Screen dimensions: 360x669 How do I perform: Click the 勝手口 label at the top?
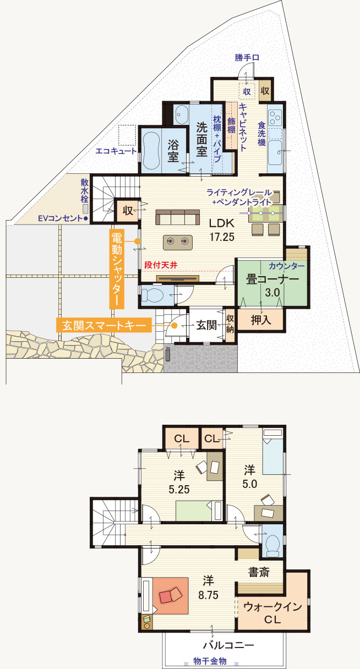[247, 57]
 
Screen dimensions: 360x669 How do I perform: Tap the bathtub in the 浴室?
[151, 151]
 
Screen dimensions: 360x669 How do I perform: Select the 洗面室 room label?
[201, 140]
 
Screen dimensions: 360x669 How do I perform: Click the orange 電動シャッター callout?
[117, 269]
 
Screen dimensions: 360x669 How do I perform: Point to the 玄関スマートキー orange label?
[104, 325]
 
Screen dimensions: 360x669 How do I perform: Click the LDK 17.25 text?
[222, 229]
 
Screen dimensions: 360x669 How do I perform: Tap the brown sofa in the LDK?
[177, 217]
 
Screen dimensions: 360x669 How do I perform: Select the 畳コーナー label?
[272, 279]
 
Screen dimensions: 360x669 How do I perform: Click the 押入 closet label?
[261, 320]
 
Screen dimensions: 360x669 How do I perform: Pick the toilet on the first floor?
[152, 295]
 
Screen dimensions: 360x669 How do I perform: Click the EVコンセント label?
[60, 218]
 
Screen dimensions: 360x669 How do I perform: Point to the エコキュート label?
[116, 151]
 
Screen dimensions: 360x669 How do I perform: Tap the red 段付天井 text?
[161, 265]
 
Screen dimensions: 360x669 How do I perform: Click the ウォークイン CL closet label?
[272, 613]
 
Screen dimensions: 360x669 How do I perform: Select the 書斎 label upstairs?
[259, 572]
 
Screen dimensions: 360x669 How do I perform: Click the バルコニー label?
[228, 645]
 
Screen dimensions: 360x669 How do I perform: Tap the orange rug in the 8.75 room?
[171, 596]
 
